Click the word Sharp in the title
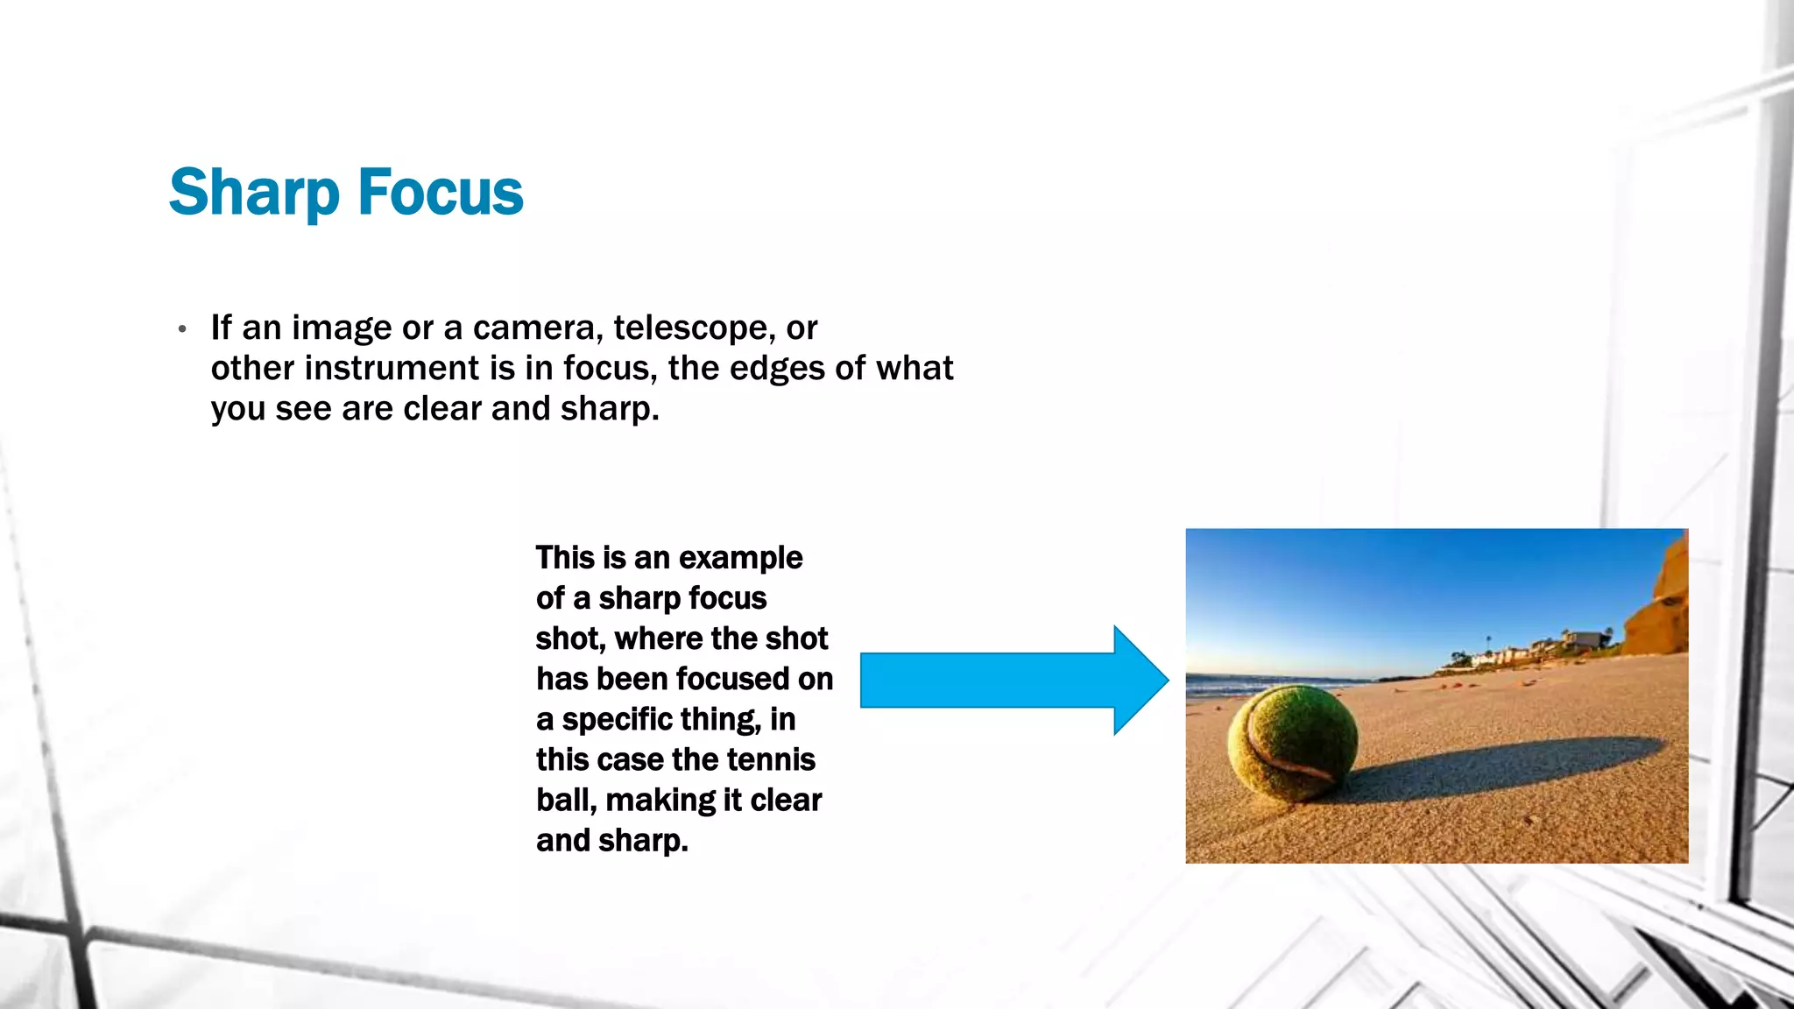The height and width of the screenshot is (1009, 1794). (x=254, y=193)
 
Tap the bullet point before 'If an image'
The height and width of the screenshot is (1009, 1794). (x=182, y=330)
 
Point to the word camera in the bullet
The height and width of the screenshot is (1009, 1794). (x=537, y=328)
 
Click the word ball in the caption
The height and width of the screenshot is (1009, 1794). (x=565, y=800)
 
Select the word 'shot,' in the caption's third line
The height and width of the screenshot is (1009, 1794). (x=570, y=639)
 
